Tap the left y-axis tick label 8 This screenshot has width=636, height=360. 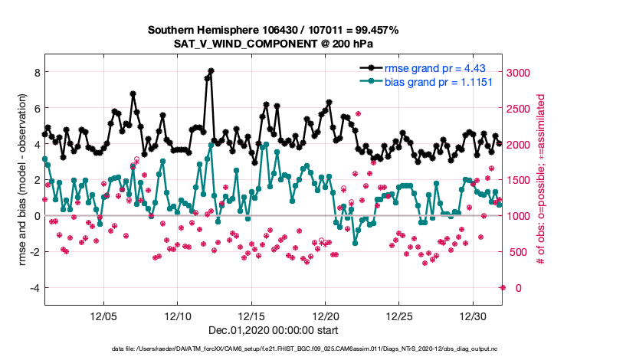[x=34, y=73]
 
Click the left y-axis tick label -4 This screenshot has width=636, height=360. [x=32, y=288]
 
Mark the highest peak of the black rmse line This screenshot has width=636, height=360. [x=211, y=70]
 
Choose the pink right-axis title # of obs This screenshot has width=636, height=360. [x=542, y=180]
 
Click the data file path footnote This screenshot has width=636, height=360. [x=273, y=349]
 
